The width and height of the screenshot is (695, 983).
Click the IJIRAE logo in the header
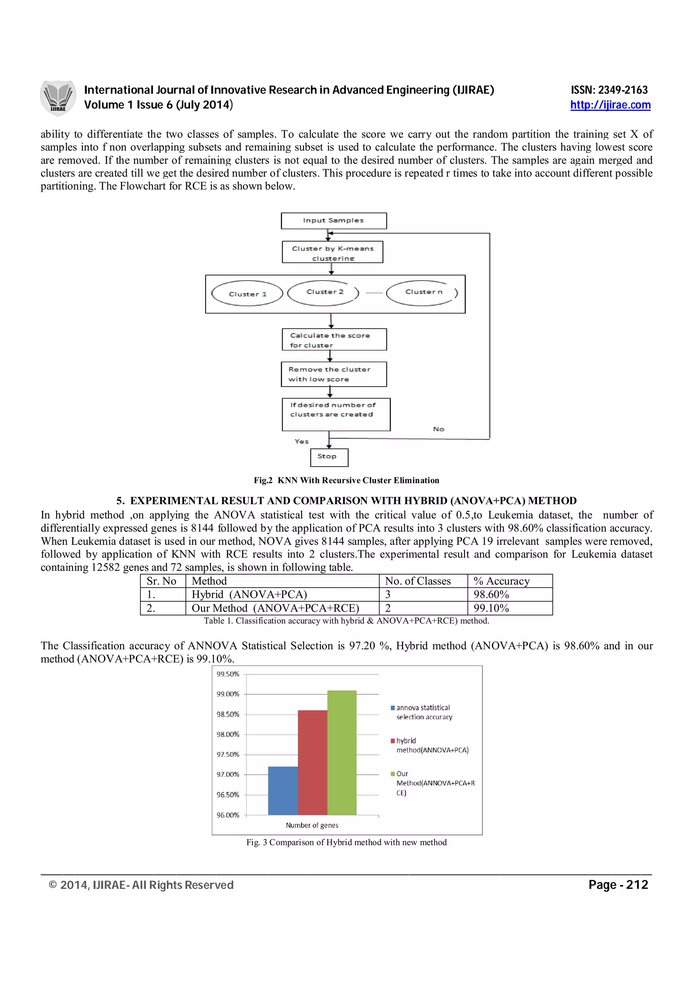[58, 98]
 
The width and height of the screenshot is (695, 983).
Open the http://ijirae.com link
[610, 105]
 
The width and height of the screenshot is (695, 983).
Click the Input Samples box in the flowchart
[334, 220]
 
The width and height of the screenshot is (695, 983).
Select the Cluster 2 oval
[324, 292]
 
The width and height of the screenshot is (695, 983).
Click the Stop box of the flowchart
[329, 457]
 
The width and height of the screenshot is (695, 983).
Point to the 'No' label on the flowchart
[438, 429]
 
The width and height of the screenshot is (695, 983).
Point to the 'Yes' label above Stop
[301, 441]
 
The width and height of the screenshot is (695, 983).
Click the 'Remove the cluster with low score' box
[334, 374]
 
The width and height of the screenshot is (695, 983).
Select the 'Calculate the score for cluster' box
[334, 340]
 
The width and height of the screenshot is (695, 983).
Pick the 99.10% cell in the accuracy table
[491, 609]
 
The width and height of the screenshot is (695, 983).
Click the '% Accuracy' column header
[502, 581]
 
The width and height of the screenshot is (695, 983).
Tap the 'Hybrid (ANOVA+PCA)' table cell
[249, 595]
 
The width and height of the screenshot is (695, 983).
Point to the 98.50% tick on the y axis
[227, 714]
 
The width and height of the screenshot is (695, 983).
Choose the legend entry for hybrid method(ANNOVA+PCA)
[432, 745]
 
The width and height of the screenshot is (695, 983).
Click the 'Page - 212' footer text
[618, 885]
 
